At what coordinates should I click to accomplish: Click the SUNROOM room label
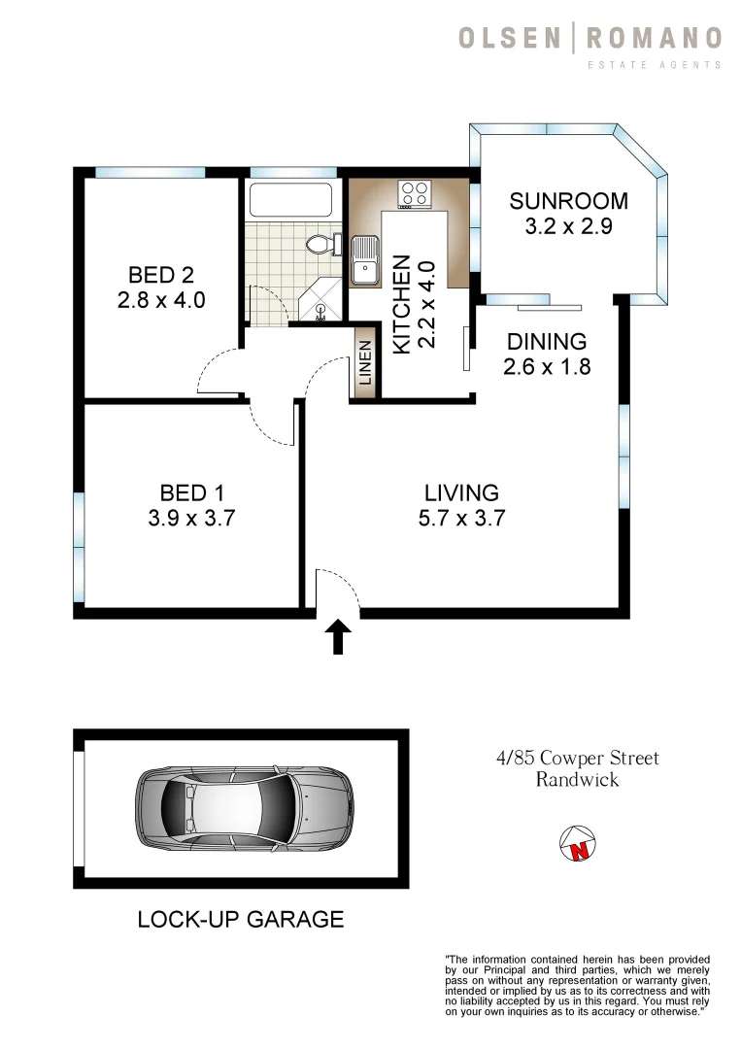click(x=568, y=201)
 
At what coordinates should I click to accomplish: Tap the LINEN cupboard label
click(x=365, y=368)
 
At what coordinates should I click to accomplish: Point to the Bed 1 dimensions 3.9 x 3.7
click(x=191, y=519)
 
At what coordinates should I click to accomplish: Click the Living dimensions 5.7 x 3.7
click(x=461, y=519)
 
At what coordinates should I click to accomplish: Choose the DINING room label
click(x=546, y=342)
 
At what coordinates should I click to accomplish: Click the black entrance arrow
click(x=337, y=637)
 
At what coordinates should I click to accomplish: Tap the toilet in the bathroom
click(x=320, y=244)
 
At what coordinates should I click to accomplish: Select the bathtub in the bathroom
click(x=291, y=200)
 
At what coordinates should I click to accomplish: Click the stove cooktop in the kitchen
click(x=416, y=193)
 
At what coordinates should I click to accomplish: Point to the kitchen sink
click(x=365, y=261)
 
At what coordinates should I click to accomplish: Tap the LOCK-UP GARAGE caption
click(x=240, y=918)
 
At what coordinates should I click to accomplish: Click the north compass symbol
click(x=578, y=843)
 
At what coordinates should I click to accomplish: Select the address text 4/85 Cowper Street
click(x=578, y=758)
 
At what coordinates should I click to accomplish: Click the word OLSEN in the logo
click(x=510, y=39)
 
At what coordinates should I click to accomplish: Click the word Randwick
click(x=577, y=779)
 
